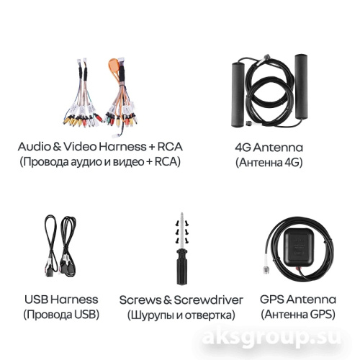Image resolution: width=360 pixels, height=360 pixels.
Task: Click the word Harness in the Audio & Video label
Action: point(122,147)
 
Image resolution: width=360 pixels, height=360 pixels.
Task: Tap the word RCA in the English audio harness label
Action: point(170,147)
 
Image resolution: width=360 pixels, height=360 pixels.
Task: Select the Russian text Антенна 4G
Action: point(269,163)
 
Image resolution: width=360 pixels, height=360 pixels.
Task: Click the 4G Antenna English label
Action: point(269,148)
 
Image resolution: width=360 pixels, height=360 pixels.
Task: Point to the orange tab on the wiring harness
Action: point(114,66)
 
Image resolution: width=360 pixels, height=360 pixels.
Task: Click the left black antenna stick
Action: point(238,94)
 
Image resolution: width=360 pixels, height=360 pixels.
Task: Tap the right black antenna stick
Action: point(301,86)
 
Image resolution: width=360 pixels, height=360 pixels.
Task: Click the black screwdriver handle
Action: point(182,266)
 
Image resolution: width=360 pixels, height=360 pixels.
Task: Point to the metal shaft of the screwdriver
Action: point(182,231)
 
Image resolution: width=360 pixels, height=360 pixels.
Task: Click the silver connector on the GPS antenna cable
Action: point(266,270)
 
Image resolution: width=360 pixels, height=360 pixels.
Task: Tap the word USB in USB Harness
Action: point(36,300)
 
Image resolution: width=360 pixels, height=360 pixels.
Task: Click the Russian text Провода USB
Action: point(61,315)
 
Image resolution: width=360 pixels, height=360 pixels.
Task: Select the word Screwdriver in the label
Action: point(208,300)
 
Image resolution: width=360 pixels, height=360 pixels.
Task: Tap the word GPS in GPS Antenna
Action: point(272,300)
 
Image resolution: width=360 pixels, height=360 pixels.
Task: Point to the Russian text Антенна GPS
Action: point(298,315)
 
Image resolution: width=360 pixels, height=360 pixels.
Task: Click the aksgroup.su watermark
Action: point(271,338)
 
